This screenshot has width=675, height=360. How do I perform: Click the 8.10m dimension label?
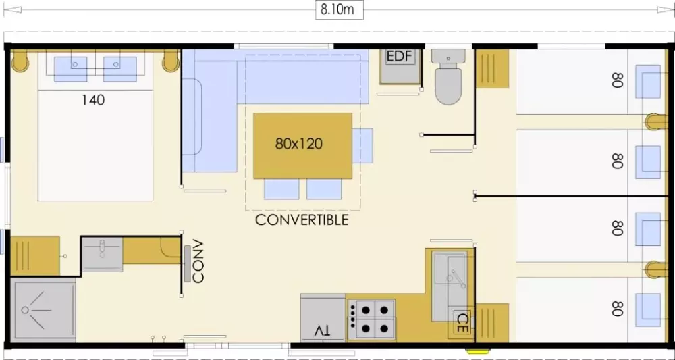pyautogui.click(x=337, y=10)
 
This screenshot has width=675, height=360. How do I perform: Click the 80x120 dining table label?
pyautogui.click(x=299, y=143)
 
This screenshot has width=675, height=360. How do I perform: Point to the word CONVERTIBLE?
pyautogui.click(x=302, y=220)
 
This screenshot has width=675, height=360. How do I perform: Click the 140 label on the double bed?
pyautogui.click(x=93, y=100)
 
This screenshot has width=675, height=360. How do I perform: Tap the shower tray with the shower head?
pyautogui.click(x=43, y=310)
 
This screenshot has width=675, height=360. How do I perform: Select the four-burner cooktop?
pyautogui.click(x=371, y=319)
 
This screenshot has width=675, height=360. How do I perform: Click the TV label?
pyautogui.click(x=322, y=331)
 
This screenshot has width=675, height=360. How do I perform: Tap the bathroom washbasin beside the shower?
pyautogui.click(x=102, y=254)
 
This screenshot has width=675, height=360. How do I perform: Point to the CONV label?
pyautogui.click(x=198, y=268)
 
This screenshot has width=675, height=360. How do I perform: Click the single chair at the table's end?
pyautogui.click(x=362, y=145)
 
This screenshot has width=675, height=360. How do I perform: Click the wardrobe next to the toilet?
pyautogui.click(x=492, y=68)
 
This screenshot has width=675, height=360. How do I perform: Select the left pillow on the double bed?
pyautogui.click(x=71, y=69)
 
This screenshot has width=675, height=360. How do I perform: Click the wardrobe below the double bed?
pyautogui.click(x=35, y=256)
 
